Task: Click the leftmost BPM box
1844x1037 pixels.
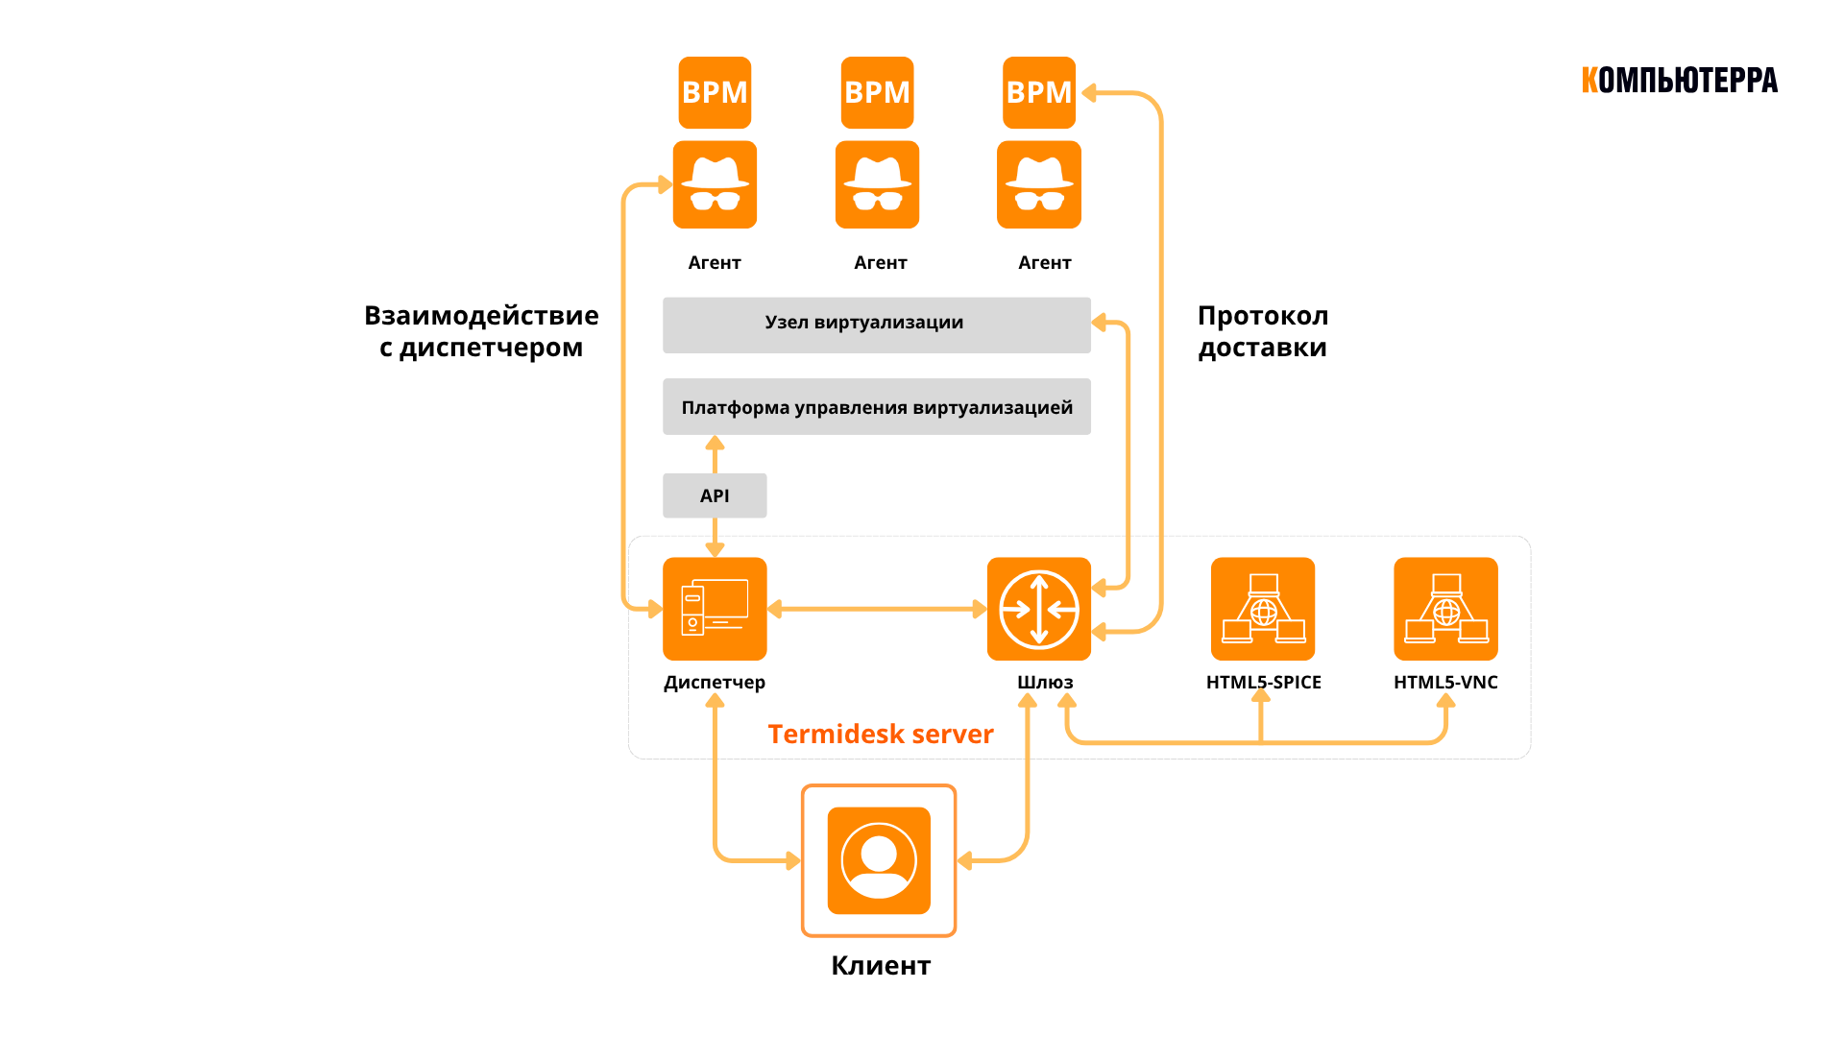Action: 715,92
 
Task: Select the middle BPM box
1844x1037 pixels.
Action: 877,92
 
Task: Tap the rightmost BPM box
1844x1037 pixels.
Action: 1039,92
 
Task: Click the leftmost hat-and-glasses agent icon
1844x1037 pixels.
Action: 715,184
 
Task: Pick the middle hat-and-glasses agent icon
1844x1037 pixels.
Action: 877,184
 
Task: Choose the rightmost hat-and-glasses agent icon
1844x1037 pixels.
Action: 1039,184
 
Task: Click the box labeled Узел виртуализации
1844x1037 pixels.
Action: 877,325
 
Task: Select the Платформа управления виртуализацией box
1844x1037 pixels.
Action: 877,406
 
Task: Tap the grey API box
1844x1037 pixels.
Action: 715,495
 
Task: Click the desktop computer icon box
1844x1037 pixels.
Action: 715,609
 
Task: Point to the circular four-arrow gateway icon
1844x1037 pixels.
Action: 1039,609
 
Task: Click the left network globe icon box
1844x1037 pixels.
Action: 1263,609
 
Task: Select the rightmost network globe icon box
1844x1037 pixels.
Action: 1445,609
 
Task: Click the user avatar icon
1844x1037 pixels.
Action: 879,860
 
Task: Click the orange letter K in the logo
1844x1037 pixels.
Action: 1589,80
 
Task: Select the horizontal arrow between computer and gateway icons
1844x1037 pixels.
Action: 877,609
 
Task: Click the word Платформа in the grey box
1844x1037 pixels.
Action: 735,407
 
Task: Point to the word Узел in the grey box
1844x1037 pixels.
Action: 787,323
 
